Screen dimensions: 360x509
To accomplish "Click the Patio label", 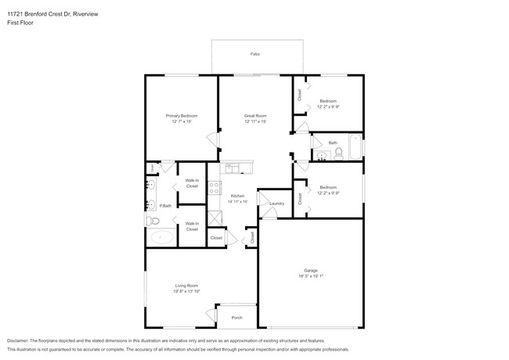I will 254,54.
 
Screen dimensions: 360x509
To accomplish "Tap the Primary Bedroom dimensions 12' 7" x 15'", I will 182,122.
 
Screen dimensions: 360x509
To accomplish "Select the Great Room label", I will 256,116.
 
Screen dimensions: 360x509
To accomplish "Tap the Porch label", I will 236,317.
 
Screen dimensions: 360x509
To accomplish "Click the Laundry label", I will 276,203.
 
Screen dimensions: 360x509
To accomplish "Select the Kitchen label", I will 238,196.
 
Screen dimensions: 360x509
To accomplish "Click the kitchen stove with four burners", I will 215,188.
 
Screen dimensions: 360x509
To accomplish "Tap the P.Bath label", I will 165,206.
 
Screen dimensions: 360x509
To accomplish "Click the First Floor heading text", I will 21,23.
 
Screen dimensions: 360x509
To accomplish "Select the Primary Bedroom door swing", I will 211,139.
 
